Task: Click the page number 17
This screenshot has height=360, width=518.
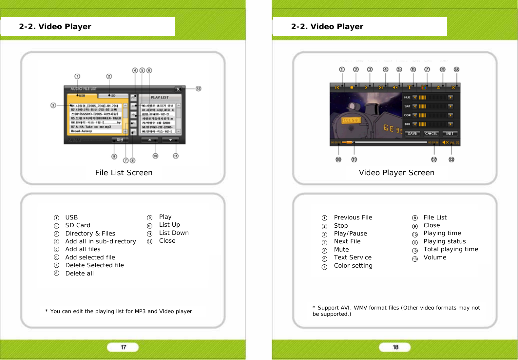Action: click(x=123, y=347)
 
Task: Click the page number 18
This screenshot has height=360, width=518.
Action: click(x=395, y=347)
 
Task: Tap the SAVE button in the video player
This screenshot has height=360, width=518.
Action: click(x=412, y=134)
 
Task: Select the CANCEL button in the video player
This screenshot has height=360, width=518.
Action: click(x=431, y=134)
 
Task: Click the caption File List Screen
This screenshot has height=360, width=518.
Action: click(x=124, y=173)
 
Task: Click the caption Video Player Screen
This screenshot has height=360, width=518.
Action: click(x=396, y=173)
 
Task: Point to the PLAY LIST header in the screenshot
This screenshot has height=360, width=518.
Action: click(x=160, y=97)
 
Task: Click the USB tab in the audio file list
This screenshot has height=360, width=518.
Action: click(x=82, y=96)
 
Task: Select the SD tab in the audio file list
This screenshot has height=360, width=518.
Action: click(x=113, y=96)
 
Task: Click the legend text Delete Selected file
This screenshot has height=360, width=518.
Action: click(x=94, y=265)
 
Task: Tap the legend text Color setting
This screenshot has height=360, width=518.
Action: click(x=353, y=266)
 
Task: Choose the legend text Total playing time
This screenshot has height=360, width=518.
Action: click(x=451, y=249)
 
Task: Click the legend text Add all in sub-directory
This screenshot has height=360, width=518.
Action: click(x=100, y=241)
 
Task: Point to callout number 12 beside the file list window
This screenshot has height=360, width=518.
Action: click(x=198, y=89)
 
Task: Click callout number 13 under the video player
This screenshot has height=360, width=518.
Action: click(x=451, y=160)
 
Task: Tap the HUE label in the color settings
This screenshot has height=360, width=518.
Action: click(x=407, y=97)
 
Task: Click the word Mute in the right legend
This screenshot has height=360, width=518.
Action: click(x=341, y=250)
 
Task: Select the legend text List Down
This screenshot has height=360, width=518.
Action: click(x=174, y=233)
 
